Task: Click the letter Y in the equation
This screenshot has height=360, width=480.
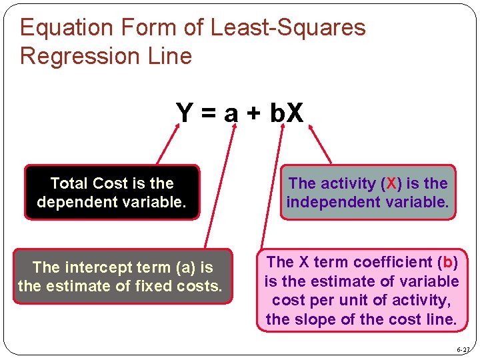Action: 184,113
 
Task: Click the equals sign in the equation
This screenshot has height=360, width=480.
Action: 207,114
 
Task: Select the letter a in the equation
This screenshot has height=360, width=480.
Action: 231,115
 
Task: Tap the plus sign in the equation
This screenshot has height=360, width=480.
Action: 253,115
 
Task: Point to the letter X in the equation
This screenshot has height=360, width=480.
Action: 295,113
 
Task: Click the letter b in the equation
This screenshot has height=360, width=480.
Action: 277,113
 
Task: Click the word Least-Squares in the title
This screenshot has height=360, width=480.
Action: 288,27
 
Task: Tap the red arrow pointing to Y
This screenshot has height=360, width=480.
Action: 169,144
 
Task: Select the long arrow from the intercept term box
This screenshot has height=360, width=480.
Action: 220,187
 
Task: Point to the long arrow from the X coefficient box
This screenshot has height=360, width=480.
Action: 272,187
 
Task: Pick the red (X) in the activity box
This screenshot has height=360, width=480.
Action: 390,183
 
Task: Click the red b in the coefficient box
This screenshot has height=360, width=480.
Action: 448,262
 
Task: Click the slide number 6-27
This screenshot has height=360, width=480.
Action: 463,349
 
